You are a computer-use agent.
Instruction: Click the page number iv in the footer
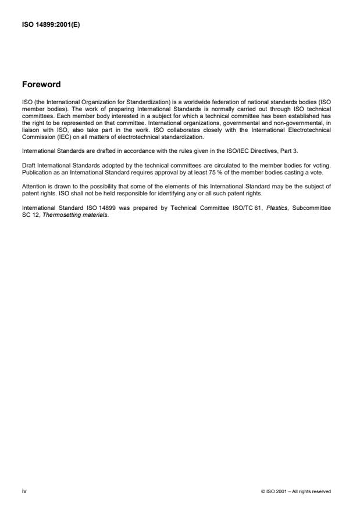coord(24,491)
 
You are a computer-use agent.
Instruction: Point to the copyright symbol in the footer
coord(264,491)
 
